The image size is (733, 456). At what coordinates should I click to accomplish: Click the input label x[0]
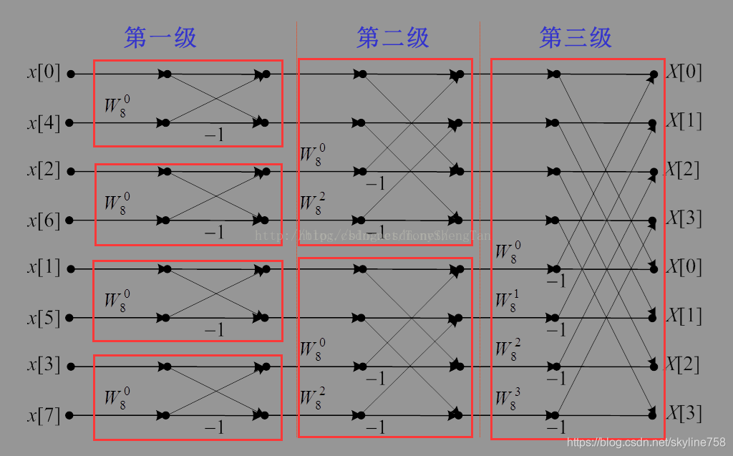point(44,73)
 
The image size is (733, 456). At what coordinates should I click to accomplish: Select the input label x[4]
point(44,123)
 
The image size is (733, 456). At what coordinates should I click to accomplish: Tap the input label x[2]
point(44,171)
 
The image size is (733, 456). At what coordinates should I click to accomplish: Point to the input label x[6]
point(44,220)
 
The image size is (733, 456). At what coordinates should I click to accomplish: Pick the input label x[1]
point(44,268)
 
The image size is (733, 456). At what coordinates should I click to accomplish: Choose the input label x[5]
point(44,317)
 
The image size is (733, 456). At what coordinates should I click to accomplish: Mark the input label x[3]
point(44,366)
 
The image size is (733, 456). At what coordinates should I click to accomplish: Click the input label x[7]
point(44,415)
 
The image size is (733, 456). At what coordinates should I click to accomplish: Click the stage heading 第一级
point(160,38)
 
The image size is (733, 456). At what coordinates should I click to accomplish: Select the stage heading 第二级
point(392,38)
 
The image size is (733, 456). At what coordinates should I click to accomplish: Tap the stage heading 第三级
point(576,38)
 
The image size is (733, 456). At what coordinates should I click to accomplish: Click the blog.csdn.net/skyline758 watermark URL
point(646,442)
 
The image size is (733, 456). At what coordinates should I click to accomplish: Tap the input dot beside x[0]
point(70,73)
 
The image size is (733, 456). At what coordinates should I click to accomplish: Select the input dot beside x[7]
point(70,415)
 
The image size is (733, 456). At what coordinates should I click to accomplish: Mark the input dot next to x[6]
point(70,220)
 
